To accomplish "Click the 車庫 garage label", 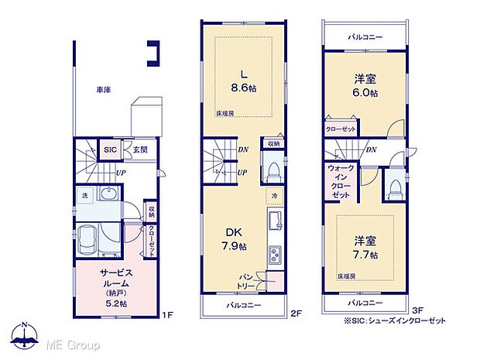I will point(103,91).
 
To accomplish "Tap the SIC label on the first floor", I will point(110,150).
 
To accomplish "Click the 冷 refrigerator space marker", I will point(274,196).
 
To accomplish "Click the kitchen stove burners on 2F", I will point(274,253).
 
